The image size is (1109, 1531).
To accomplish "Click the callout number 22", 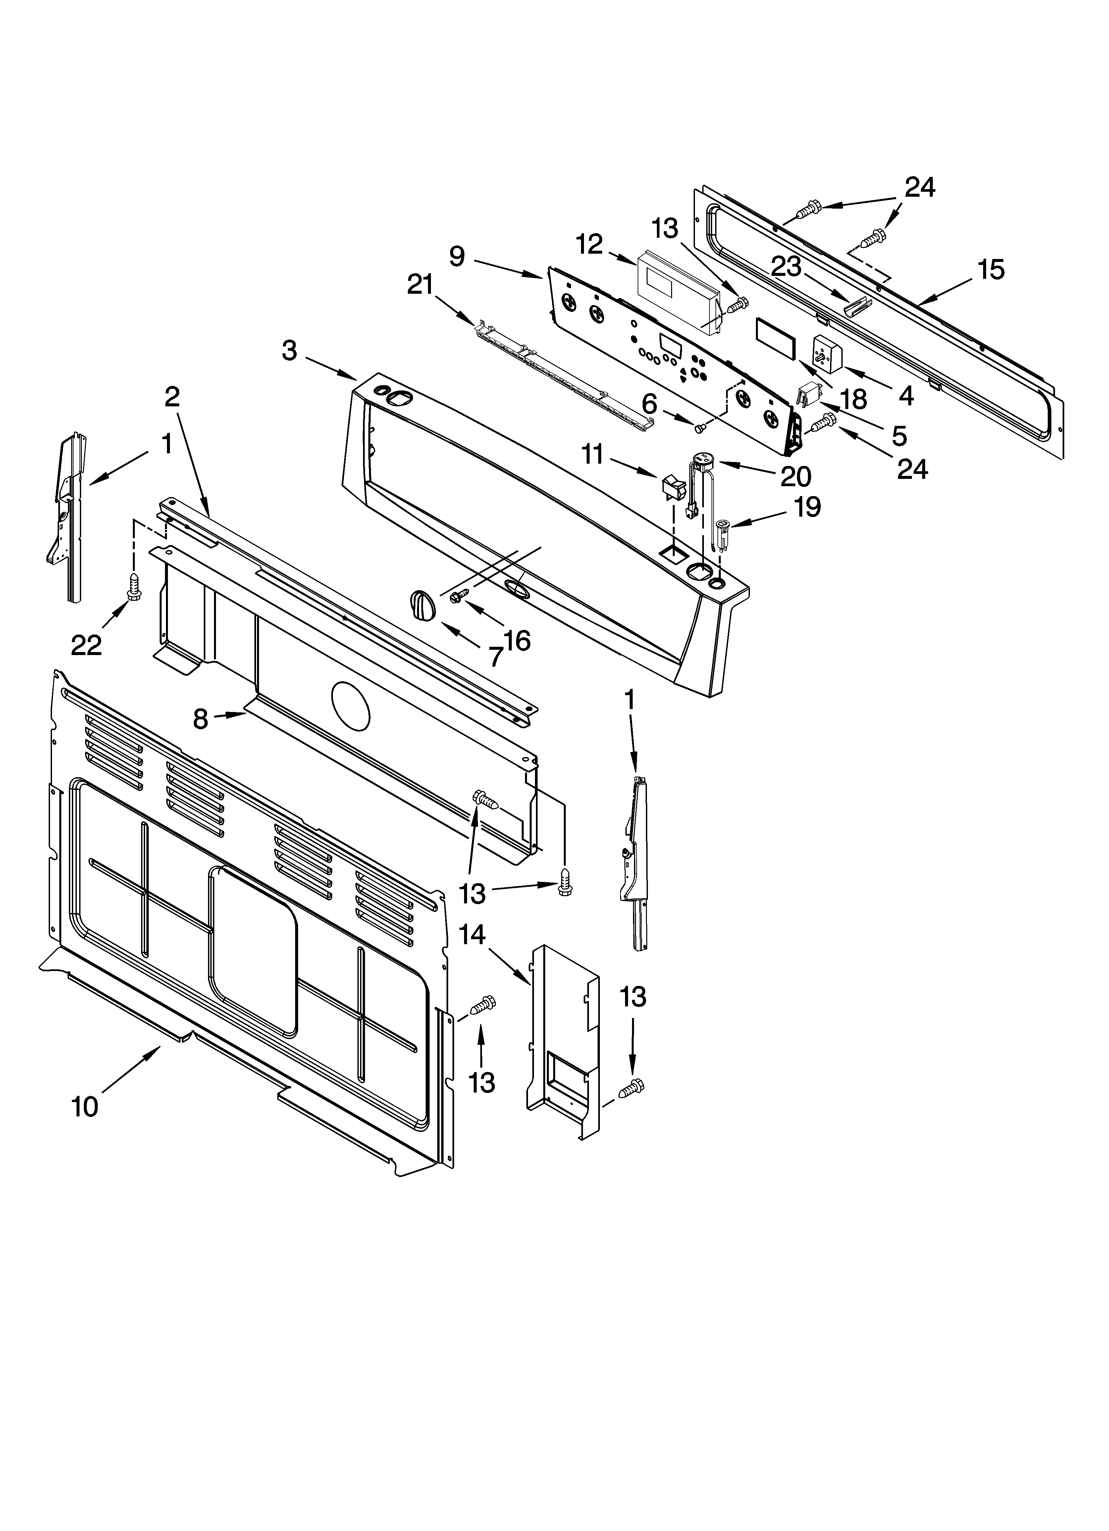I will [x=86, y=645].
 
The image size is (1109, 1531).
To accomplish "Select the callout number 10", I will [x=85, y=1107].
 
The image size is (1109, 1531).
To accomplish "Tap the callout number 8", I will [x=201, y=720].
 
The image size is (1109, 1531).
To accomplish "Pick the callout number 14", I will [x=473, y=935].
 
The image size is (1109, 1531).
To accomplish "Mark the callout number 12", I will [x=590, y=244].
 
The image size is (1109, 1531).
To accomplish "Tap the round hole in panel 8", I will [x=351, y=705].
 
